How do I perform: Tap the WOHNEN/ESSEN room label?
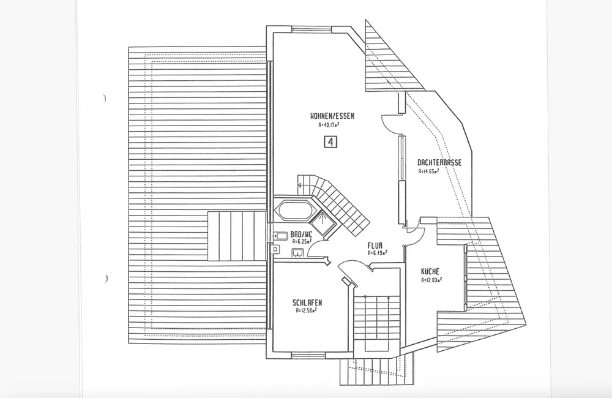click(x=332, y=116)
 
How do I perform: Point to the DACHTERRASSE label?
click(x=439, y=163)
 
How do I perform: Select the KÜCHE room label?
click(x=430, y=272)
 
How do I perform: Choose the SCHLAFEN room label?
click(x=307, y=302)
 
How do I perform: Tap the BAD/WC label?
click(x=301, y=234)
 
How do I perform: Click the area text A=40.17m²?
click(x=329, y=124)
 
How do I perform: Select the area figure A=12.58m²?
click(x=306, y=310)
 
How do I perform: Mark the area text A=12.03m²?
click(x=431, y=280)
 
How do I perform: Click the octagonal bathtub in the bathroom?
click(x=293, y=212)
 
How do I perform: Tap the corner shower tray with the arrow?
click(x=322, y=219)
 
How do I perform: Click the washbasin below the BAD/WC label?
click(x=299, y=252)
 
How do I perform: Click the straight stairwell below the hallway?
click(x=376, y=321)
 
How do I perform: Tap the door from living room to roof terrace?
click(x=392, y=122)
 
